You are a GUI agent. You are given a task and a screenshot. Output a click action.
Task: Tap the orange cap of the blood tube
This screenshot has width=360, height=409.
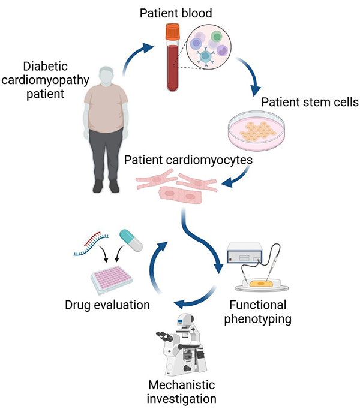pyautogui.click(x=173, y=30)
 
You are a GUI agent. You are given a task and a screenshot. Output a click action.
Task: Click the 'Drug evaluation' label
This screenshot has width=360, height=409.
pyautogui.click(x=107, y=305)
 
